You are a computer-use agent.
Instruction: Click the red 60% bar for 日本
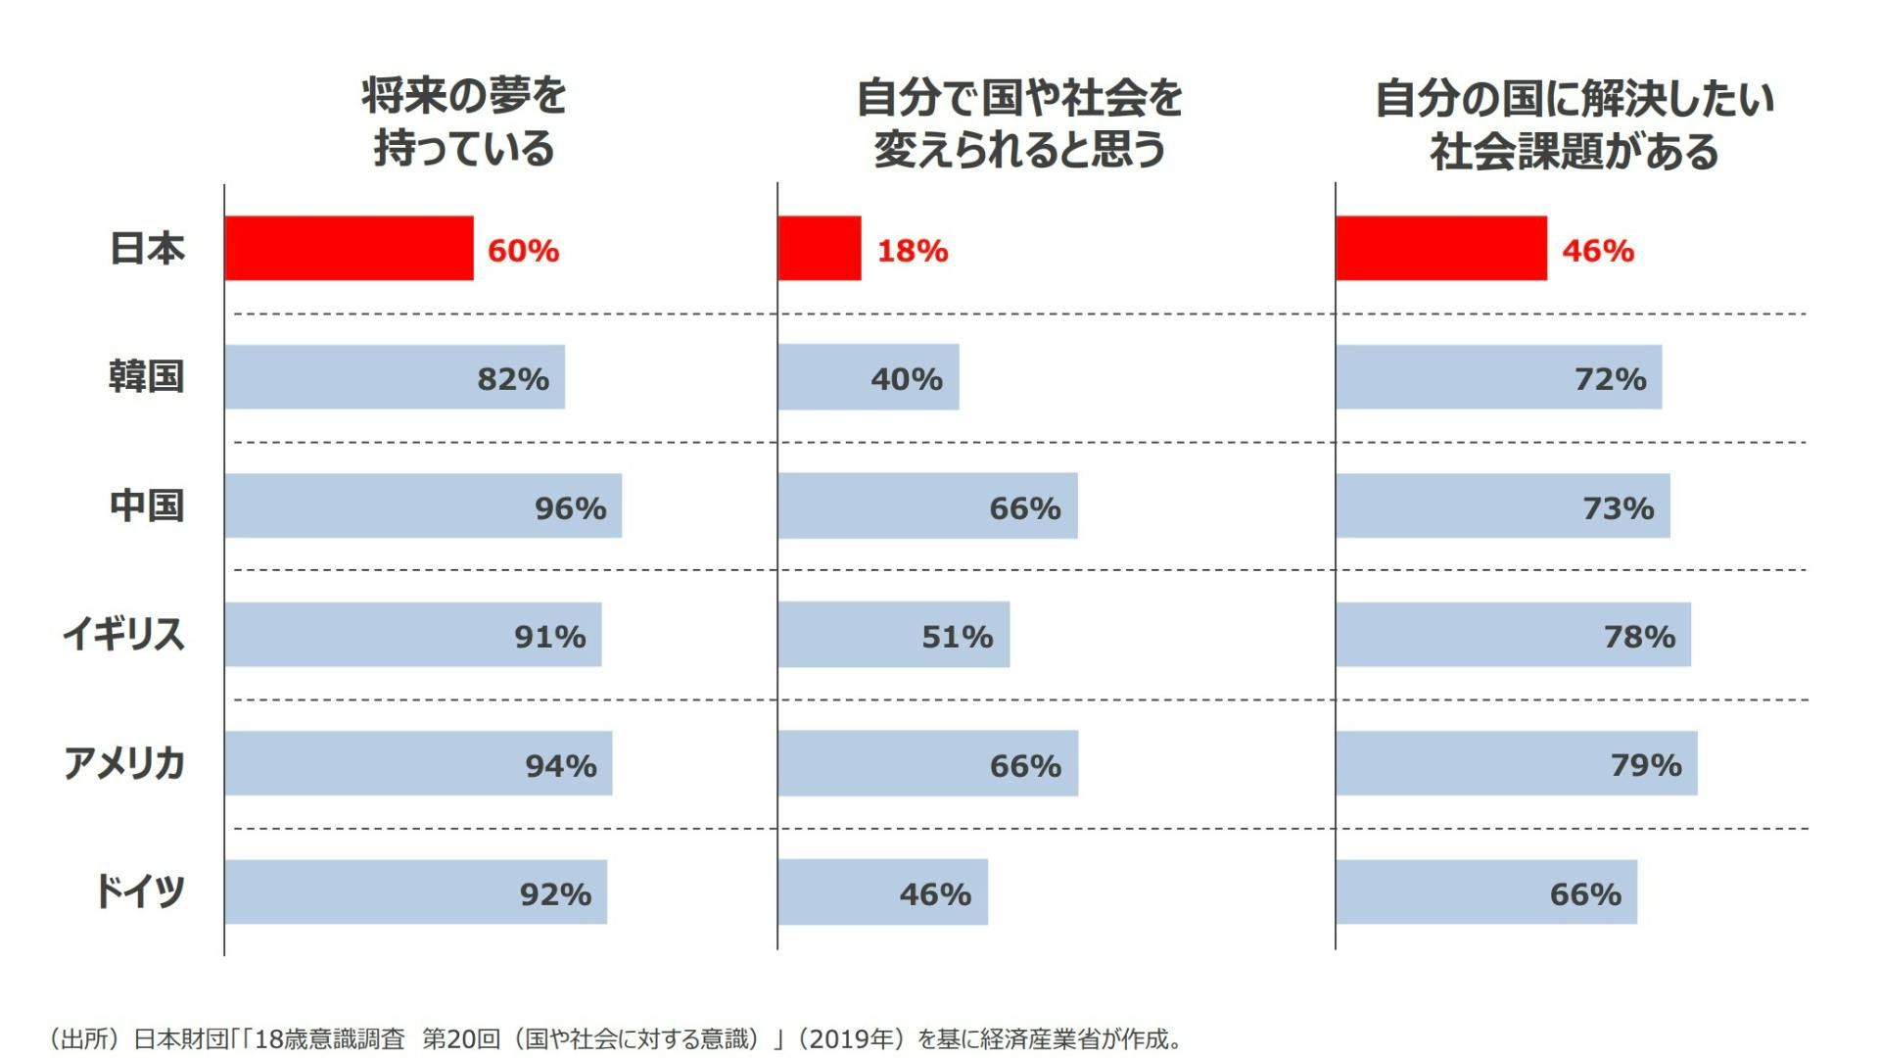point(349,249)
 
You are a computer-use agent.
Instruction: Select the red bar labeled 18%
point(820,249)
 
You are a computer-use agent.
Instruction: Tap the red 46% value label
point(1598,251)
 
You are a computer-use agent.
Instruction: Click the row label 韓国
point(146,377)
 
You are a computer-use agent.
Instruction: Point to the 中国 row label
point(146,505)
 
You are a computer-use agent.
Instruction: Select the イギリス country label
point(123,635)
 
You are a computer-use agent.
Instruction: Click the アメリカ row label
point(124,763)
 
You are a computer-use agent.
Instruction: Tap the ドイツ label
point(139,891)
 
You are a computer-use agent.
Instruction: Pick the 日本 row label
point(147,249)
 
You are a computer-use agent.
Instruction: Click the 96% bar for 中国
point(423,505)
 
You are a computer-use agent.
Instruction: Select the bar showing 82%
point(395,377)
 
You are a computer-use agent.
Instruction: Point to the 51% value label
point(957,637)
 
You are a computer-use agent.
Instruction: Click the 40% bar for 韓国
point(869,377)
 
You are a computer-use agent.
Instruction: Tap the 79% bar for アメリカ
point(1516,763)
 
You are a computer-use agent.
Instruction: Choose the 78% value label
point(1639,637)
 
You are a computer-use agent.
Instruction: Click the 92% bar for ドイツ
point(415,891)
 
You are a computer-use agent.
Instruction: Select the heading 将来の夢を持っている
point(464,122)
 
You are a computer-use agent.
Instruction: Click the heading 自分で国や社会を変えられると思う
point(1019,123)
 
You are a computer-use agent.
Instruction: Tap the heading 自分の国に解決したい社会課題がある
point(1574,125)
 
